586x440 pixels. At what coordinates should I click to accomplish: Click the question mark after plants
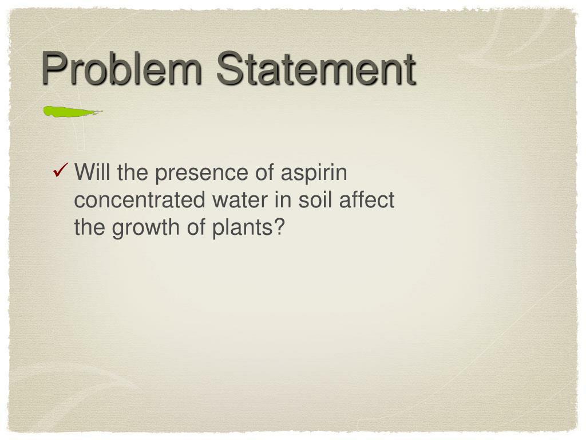coord(279,227)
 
